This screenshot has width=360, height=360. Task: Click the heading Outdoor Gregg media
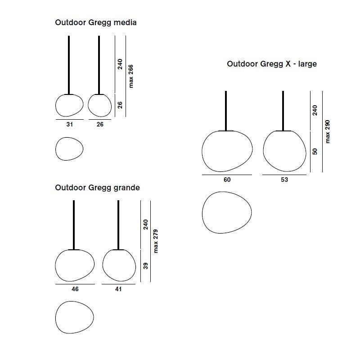point(96,23)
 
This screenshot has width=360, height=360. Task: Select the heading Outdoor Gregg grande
point(97,188)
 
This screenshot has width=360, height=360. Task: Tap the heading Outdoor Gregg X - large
point(272,64)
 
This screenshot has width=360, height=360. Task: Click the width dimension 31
point(70,125)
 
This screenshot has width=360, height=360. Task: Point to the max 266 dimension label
point(130,76)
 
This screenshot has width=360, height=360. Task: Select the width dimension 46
point(75,289)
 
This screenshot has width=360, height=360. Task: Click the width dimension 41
point(118,289)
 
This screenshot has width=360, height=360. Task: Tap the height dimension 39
point(145,266)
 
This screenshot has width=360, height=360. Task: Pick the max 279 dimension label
point(155,241)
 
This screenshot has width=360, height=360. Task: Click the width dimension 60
point(227,180)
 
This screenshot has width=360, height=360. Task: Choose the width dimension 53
point(284,180)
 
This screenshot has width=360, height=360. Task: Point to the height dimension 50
point(315,152)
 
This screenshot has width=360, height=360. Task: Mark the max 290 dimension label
point(328,131)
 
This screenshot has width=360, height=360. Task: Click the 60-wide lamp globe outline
point(202,152)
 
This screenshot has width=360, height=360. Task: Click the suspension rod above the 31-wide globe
point(69,65)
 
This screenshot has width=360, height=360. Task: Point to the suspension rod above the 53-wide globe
point(283,111)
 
